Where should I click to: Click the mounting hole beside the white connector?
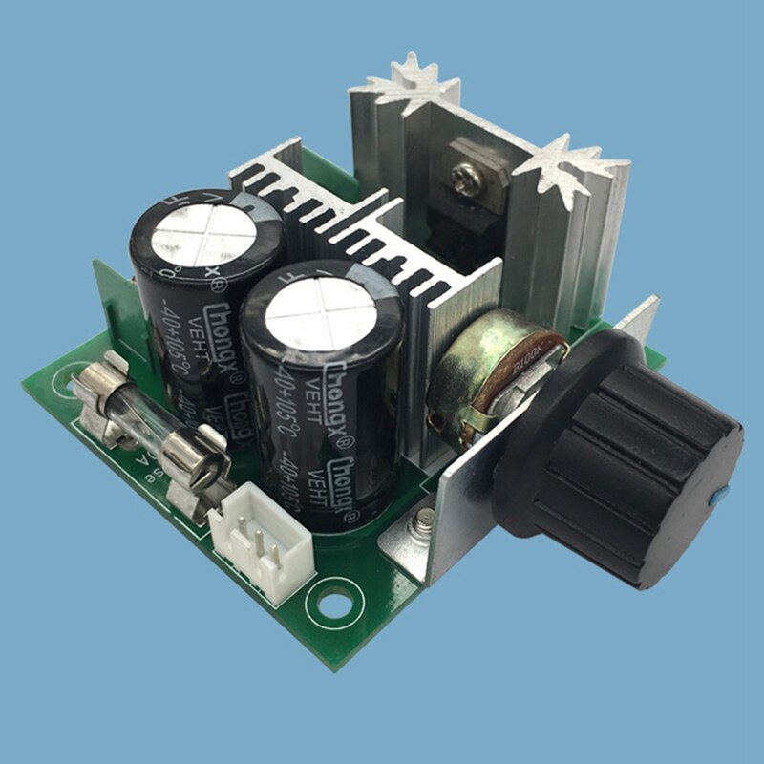point(336,604)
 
